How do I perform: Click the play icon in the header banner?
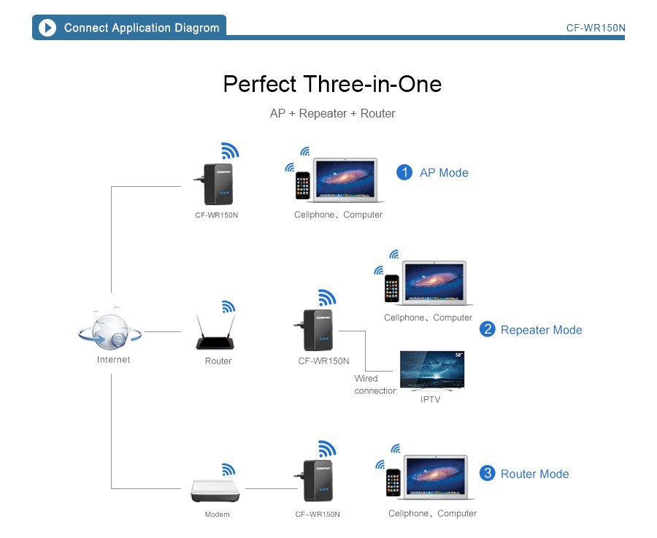coord(47,28)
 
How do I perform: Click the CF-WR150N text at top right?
coord(596,28)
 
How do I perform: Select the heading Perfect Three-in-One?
coord(332,84)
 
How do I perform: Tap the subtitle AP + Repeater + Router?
coord(332,113)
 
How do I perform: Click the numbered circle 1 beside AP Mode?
coord(404,172)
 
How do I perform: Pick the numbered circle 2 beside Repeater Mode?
coord(487,329)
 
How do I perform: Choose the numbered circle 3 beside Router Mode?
coord(487,474)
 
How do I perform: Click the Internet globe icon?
coord(111,333)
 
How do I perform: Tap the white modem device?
coord(215,491)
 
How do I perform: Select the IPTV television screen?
coord(432,371)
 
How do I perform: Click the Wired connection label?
coord(374,384)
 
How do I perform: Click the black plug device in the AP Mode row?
coord(217,185)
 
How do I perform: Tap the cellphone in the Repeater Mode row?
coord(392,288)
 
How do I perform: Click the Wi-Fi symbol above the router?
coord(228,307)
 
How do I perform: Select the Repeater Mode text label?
coord(541,330)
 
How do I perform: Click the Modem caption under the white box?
coord(217,515)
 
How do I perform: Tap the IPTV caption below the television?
coord(431,399)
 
